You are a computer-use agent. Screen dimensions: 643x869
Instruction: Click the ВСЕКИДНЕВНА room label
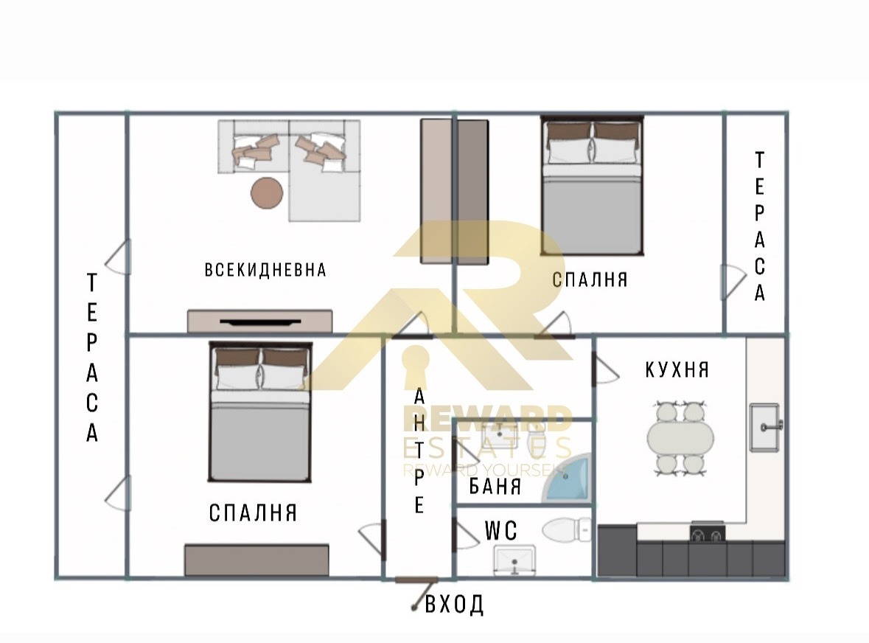coord(265,270)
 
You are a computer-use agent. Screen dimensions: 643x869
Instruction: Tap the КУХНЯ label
coord(677,369)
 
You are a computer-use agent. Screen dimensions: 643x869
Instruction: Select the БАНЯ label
coord(495,487)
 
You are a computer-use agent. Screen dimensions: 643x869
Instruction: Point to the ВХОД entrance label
coord(455,605)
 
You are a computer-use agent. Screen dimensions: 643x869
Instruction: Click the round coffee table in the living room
coord(267,193)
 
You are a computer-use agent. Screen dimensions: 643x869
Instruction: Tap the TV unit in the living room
coord(259,321)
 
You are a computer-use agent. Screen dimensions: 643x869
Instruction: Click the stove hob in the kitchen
coord(707,532)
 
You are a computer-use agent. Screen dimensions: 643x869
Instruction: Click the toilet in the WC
coord(566,529)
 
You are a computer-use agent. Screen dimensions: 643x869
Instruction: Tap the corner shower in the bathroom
coord(568,480)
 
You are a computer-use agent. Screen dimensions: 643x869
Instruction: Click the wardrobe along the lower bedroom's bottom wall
coord(256,560)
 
